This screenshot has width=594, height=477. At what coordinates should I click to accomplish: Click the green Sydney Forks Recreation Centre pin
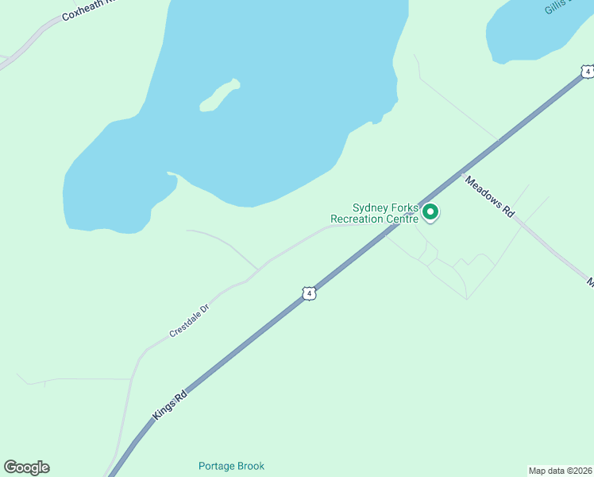(x=430, y=212)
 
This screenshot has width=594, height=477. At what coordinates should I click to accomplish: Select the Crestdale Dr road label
(x=188, y=321)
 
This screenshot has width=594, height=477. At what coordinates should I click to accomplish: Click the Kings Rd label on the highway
(x=170, y=405)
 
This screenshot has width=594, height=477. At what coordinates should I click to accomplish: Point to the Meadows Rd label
(x=490, y=196)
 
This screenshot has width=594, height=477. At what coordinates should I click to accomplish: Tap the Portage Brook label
(x=231, y=466)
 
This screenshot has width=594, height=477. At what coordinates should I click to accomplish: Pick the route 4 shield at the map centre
(x=310, y=293)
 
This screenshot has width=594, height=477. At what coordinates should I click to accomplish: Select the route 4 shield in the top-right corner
(x=587, y=72)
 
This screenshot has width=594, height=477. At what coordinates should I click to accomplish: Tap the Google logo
(x=26, y=467)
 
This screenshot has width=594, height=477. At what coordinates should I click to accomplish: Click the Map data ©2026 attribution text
(x=560, y=470)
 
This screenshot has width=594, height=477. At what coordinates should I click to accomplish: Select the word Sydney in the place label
(x=369, y=207)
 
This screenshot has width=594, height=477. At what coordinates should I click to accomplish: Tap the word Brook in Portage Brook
(x=249, y=466)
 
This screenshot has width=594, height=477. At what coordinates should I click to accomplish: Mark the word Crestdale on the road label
(x=183, y=324)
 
